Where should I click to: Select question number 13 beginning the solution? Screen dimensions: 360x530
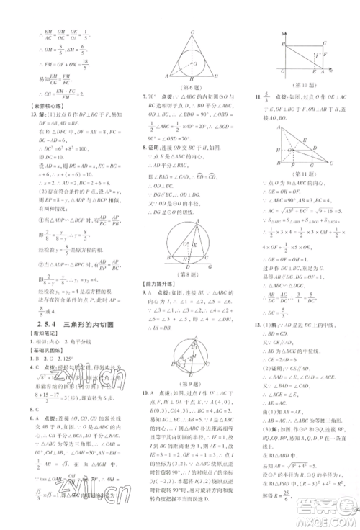point(27,115)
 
